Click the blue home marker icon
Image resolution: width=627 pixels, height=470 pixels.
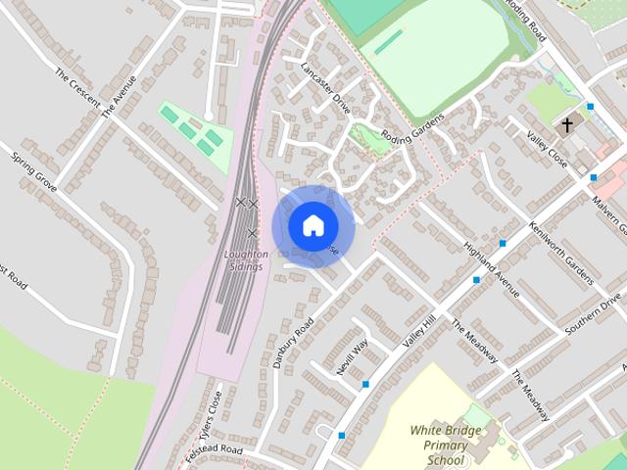(313, 225)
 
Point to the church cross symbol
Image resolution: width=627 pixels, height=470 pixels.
(566, 125)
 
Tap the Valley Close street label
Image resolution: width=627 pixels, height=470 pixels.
(547, 148)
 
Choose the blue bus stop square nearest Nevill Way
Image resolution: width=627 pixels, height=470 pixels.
(365, 384)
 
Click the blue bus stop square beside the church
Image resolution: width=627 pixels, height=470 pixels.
(591, 106)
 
